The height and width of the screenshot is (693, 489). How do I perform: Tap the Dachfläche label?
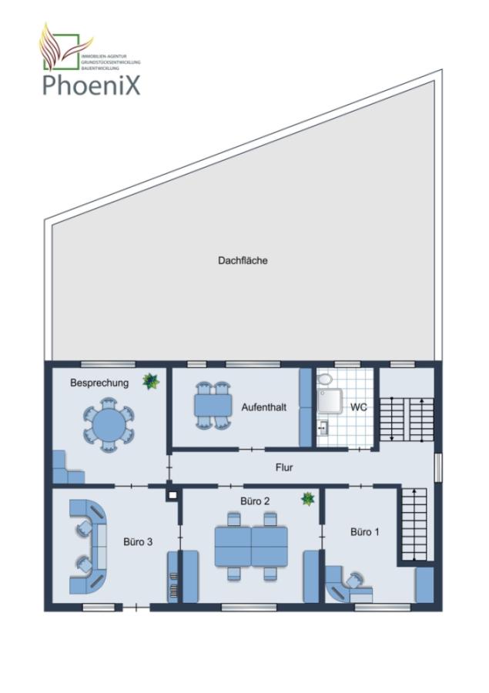pos(243,261)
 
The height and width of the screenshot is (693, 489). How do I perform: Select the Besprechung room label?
pos(99,383)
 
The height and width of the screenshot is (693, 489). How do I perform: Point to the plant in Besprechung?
pos(150,380)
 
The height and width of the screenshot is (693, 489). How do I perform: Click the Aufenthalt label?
pos(263,407)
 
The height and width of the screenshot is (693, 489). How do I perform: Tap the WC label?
pos(359,407)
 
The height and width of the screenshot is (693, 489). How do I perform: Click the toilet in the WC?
pos(324,380)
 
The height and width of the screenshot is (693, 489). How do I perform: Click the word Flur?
pos(284,467)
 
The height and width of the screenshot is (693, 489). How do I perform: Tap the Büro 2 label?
pos(255,501)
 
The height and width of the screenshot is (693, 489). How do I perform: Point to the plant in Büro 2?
pos(308,499)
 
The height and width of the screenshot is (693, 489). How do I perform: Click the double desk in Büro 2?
pos(250,545)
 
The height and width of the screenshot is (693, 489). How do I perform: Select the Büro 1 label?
pos(365,532)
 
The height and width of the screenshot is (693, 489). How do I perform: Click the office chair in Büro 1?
pos(355,579)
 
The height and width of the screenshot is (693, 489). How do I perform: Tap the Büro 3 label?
pos(138,541)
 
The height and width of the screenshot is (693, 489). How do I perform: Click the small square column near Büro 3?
pos(173,496)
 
